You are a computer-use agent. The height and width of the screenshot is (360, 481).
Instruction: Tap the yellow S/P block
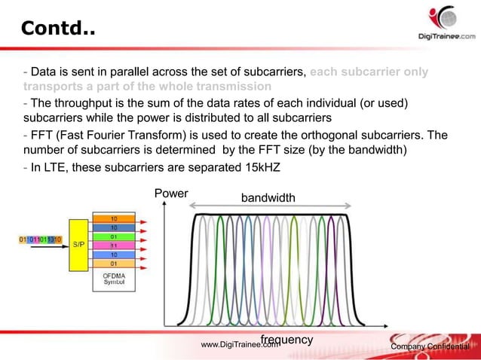click(79, 244)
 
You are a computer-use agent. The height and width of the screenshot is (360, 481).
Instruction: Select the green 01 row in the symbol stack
click(113, 236)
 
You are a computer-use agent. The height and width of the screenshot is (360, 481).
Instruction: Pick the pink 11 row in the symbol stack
click(113, 246)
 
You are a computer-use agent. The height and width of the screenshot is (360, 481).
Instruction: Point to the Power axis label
click(170, 194)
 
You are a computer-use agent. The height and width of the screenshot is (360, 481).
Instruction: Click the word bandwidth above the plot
click(268, 198)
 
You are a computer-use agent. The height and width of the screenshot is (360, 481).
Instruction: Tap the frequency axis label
click(286, 340)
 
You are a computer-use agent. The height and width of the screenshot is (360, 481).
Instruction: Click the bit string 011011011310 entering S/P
click(39, 239)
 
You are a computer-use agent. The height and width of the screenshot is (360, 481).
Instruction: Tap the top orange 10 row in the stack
click(113, 217)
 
